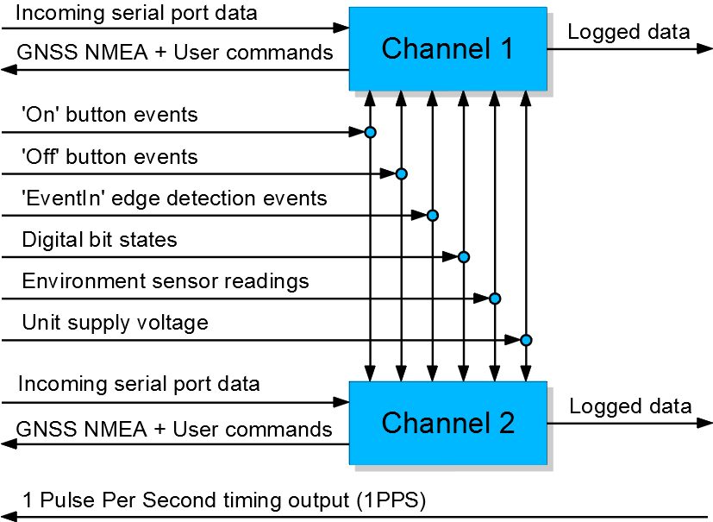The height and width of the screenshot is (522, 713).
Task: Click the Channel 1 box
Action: coord(447,48)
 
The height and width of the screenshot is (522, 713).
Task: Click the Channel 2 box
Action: coord(447,423)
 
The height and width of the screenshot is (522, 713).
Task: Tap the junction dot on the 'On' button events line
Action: coord(370,132)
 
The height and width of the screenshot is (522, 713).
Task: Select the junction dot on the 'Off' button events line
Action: coord(401,173)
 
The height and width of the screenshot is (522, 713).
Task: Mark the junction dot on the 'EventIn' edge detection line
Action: coord(432,215)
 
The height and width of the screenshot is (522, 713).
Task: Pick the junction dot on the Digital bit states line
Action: coord(463,256)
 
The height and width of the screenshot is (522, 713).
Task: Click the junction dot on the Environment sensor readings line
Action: coord(494,299)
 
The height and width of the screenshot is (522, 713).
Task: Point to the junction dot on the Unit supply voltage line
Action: coord(525,340)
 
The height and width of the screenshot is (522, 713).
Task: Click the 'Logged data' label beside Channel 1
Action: coord(629,33)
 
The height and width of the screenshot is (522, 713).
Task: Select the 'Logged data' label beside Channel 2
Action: coord(629,406)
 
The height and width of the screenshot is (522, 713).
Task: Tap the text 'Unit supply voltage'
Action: coord(115,323)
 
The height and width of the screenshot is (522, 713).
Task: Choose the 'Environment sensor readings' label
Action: coord(165,281)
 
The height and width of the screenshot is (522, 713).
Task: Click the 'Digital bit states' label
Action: coord(99,240)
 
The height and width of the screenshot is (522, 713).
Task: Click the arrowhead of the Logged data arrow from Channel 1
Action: coord(706,49)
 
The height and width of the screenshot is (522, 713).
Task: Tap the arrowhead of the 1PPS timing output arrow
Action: coord(7,518)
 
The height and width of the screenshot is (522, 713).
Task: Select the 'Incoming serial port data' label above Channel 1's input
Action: coord(136,15)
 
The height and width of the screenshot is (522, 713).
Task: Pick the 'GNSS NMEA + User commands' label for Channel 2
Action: coord(174,429)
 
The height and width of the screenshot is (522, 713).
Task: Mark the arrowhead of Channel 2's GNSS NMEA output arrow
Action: coord(7,444)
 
